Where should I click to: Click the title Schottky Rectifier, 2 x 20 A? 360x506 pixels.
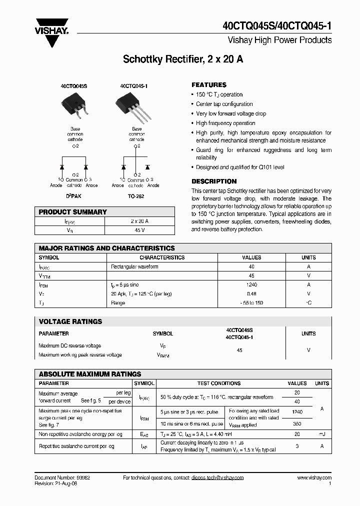click(x=183, y=59)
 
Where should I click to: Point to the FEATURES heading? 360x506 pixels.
click(x=209, y=85)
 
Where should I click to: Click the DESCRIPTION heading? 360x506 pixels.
click(x=214, y=181)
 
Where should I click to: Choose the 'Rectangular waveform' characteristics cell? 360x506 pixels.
click(x=134, y=266)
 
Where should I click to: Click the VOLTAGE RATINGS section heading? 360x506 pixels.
click(x=70, y=321)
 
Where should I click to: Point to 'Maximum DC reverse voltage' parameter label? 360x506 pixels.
click(x=69, y=345)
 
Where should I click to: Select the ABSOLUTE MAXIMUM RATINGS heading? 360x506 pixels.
click(x=90, y=374)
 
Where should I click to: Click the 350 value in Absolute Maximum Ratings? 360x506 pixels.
click(x=297, y=423)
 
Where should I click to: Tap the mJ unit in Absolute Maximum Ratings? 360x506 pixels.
click(x=321, y=434)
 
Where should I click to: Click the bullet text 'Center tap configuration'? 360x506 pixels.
click(x=224, y=104)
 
